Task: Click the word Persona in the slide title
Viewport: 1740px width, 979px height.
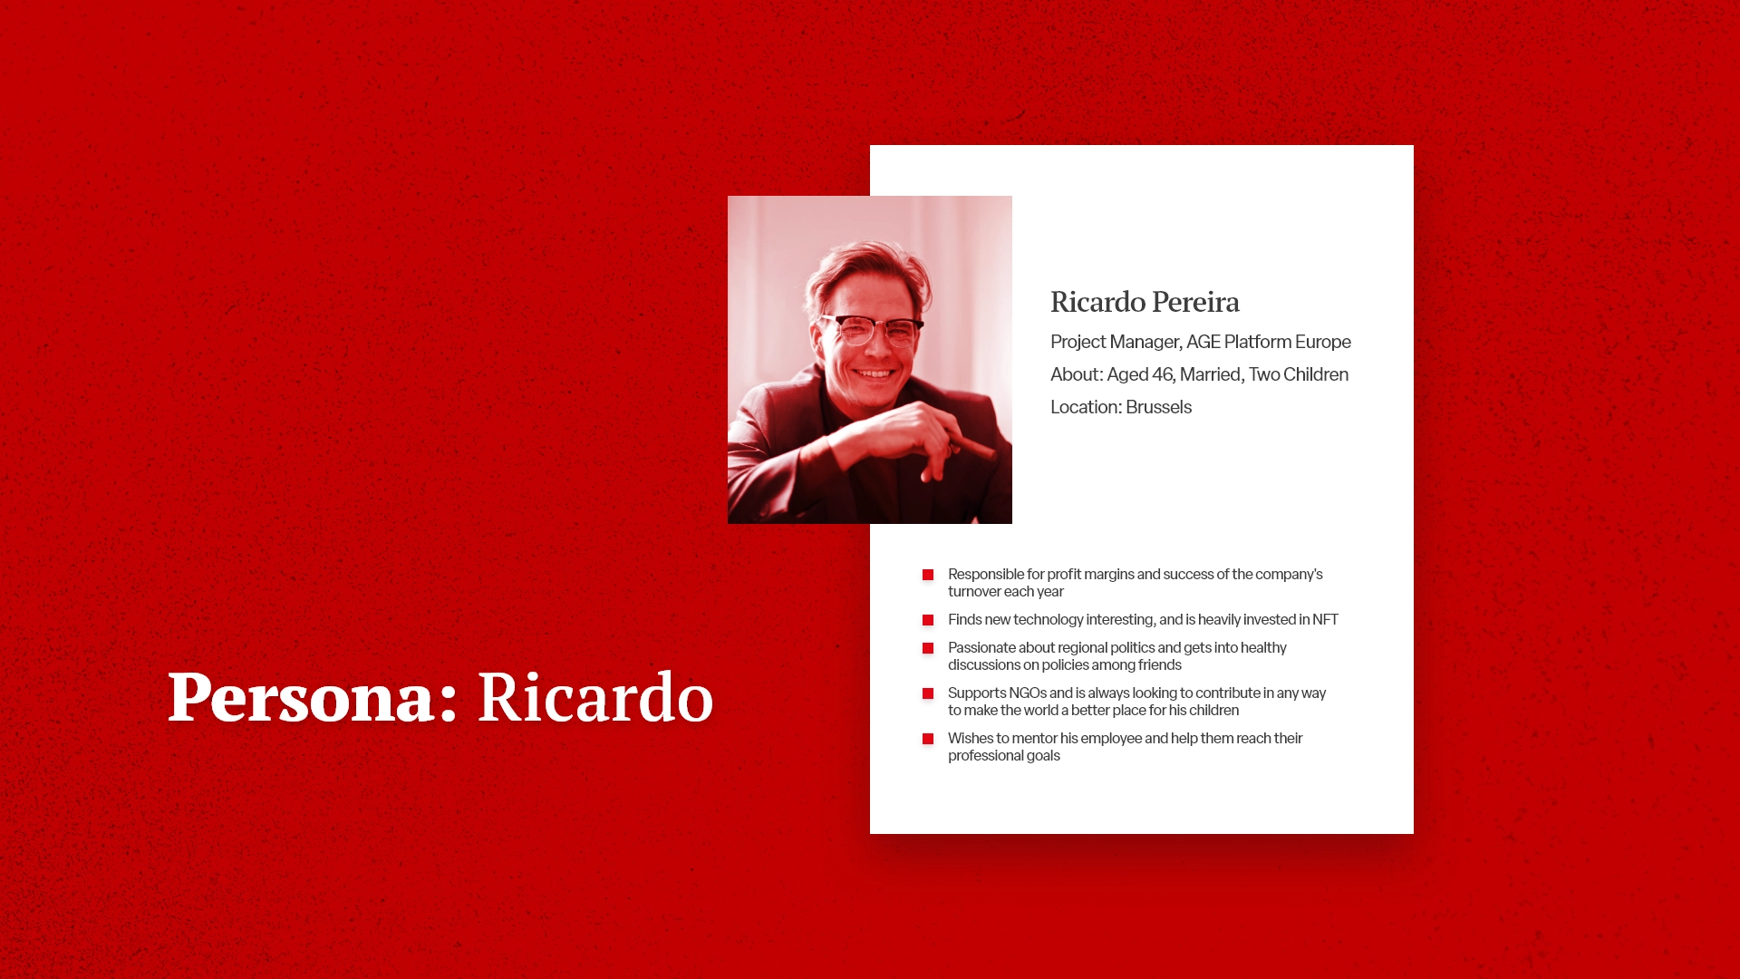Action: click(x=301, y=698)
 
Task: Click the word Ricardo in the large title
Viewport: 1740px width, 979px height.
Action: click(x=595, y=697)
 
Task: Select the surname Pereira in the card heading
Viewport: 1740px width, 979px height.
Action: click(x=1195, y=302)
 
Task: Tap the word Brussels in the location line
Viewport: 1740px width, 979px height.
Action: click(x=1158, y=407)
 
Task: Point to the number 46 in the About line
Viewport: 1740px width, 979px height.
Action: click(x=1163, y=374)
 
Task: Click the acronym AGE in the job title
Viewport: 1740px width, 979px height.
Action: click(x=1203, y=342)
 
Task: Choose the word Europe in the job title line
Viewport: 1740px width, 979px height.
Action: click(x=1322, y=342)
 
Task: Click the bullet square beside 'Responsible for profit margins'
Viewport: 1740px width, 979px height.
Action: click(x=928, y=575)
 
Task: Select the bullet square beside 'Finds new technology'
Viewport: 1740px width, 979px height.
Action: click(x=928, y=620)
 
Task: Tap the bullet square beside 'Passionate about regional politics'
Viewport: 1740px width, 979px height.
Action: click(x=928, y=648)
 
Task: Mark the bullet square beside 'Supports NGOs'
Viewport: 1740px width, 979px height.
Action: click(x=928, y=693)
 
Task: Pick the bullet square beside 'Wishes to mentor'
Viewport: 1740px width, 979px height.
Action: click(x=928, y=739)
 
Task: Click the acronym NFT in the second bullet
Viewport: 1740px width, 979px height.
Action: click(x=1325, y=619)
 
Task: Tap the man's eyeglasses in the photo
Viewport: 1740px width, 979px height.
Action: click(x=871, y=328)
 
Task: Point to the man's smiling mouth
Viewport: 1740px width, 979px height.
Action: click(x=874, y=373)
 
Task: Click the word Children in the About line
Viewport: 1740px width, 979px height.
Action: click(x=1316, y=374)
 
